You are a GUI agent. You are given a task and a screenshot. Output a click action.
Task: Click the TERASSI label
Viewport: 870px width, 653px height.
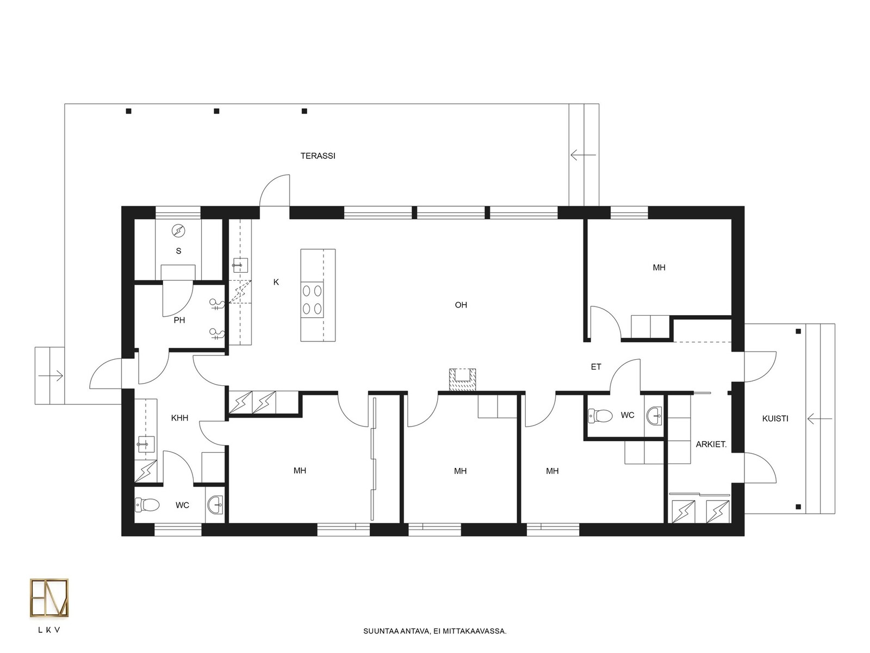318,156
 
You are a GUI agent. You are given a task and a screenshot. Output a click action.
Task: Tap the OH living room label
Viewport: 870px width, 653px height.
461,305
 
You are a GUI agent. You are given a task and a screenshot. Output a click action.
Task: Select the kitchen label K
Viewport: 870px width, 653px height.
276,282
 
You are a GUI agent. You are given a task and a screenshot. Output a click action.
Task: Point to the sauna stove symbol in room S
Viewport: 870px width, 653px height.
178,230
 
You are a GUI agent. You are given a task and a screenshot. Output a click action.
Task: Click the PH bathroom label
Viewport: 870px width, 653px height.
179,320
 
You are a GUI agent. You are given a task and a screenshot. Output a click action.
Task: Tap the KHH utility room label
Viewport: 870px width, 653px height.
179,417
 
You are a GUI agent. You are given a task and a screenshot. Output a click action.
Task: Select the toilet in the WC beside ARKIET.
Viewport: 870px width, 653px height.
600,416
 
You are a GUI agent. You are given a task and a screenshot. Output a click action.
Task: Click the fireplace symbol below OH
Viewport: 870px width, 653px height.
462,380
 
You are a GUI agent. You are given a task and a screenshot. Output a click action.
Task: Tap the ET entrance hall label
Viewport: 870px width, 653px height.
596,367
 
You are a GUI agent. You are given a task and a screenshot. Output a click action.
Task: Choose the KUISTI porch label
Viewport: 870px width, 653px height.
775,418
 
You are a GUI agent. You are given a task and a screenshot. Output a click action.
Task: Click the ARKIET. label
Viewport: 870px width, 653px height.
711,445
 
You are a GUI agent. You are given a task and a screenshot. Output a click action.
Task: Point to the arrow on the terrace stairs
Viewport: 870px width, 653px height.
583,155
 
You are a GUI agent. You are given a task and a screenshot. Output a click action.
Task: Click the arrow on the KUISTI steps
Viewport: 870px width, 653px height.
819,418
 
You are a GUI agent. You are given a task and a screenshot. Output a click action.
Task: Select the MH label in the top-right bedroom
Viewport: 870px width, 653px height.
658,268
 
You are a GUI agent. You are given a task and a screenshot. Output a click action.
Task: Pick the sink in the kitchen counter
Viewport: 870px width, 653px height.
240,265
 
